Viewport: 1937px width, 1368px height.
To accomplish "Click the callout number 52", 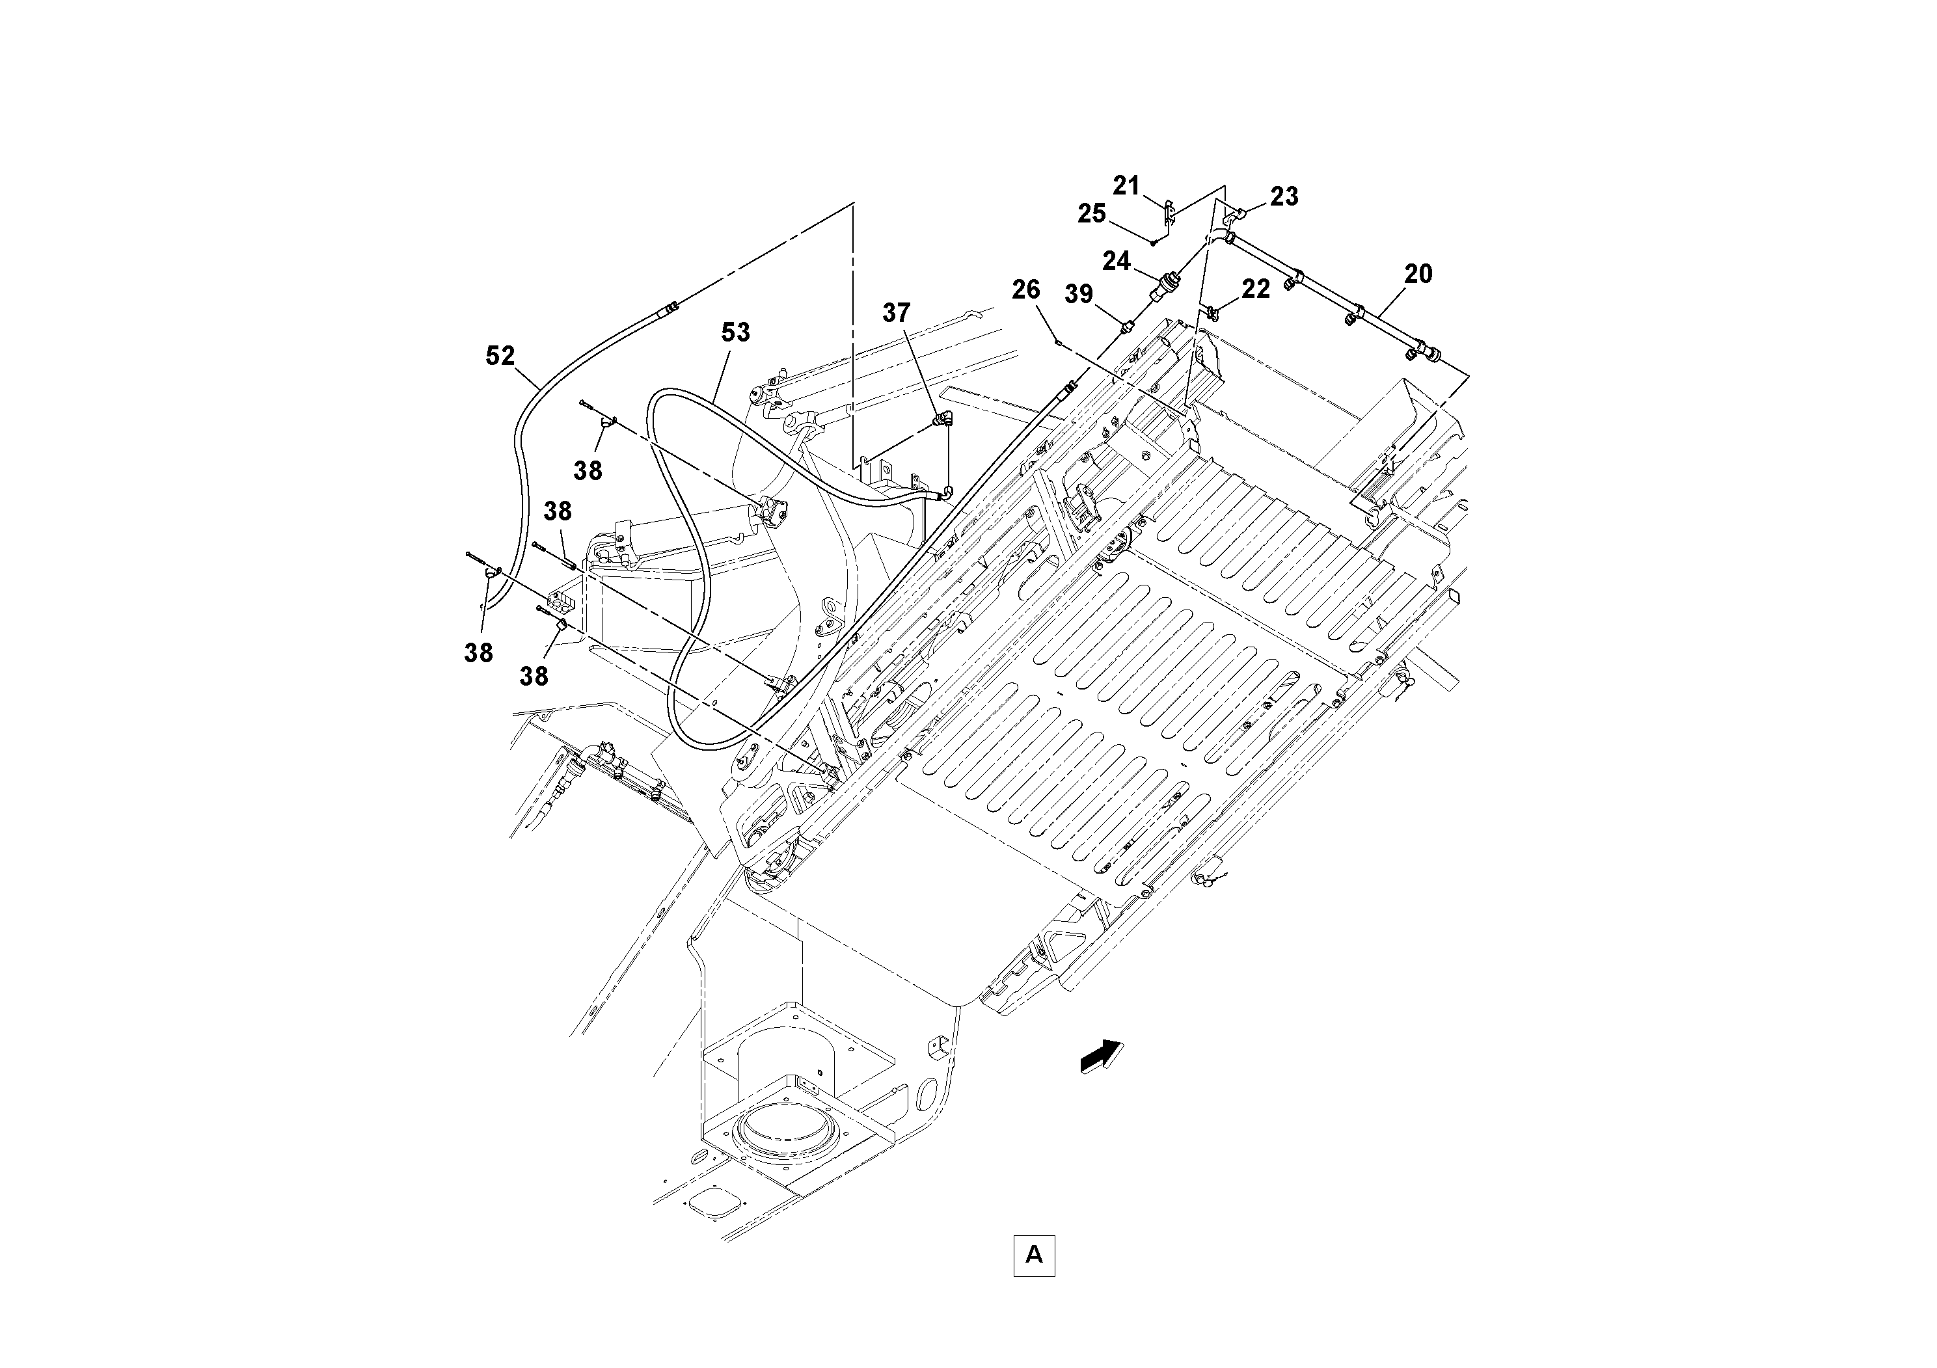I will click(x=500, y=356).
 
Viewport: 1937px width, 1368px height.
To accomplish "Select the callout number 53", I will click(x=735, y=332).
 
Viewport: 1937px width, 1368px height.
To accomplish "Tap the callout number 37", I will click(x=896, y=313).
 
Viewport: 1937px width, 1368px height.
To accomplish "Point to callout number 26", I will click(x=1026, y=290).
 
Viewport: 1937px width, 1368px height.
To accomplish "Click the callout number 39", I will click(x=1078, y=294).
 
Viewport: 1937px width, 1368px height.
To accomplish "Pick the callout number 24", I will click(x=1116, y=262).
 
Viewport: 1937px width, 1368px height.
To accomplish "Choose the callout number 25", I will click(x=1092, y=214).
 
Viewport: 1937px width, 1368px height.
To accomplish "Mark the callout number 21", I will click(x=1126, y=185).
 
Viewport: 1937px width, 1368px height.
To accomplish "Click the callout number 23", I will click(x=1284, y=196).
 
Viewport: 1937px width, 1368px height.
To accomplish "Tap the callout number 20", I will click(x=1418, y=274).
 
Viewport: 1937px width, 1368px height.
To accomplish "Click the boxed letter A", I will click(x=1033, y=1255).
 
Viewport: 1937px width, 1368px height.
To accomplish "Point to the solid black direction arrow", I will click(x=1102, y=1057).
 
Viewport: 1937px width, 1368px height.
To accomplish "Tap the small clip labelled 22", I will click(x=1212, y=313).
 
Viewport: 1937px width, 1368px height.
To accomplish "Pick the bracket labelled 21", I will click(x=1169, y=213).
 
